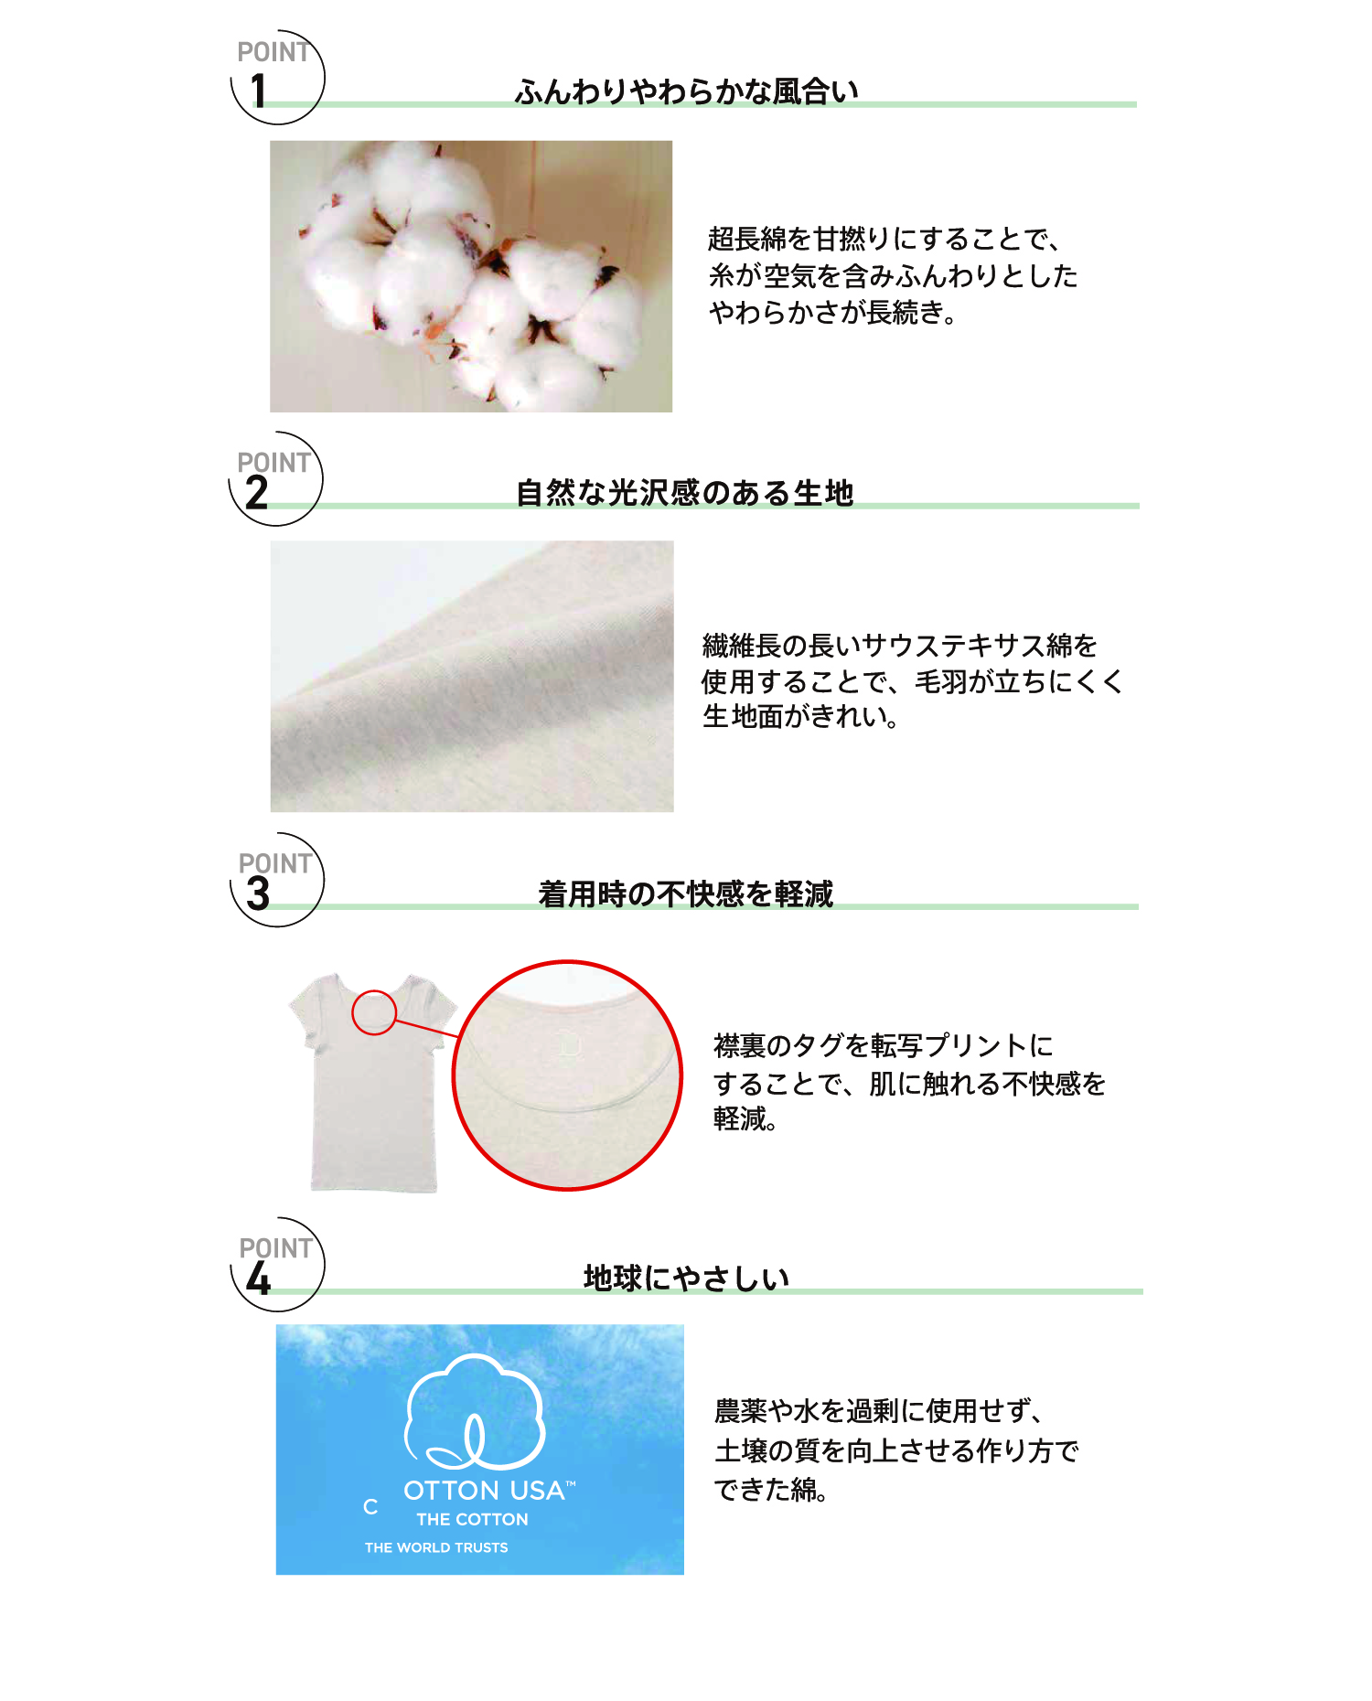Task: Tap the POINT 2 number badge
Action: (275, 478)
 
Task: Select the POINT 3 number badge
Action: (276, 880)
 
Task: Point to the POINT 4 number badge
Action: (277, 1264)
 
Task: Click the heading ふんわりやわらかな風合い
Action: (686, 91)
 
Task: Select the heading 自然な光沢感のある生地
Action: (684, 493)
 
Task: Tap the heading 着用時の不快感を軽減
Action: (686, 893)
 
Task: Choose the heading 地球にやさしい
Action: (686, 1278)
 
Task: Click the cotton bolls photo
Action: (471, 276)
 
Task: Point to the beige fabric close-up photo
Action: (472, 677)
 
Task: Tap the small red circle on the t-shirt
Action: (374, 1012)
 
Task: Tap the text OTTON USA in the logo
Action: (484, 1491)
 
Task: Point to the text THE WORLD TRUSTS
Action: (436, 1547)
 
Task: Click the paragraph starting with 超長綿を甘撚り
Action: (893, 275)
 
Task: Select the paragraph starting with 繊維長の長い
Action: (912, 680)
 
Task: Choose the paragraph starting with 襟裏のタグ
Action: (909, 1082)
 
